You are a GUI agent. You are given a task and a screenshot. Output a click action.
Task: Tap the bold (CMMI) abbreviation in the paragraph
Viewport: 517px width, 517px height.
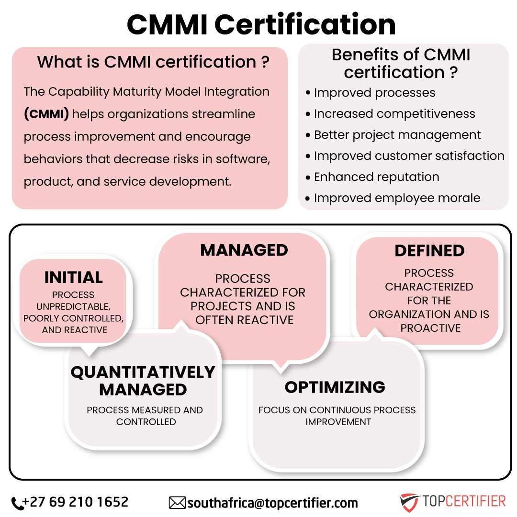pyautogui.click(x=46, y=114)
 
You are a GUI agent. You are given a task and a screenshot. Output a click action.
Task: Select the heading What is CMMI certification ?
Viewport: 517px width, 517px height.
pyautogui.click(x=153, y=62)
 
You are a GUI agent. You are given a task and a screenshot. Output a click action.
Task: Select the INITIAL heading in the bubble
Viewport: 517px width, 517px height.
pyautogui.click(x=74, y=277)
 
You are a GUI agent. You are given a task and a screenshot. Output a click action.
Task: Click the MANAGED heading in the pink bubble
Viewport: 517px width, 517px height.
pyautogui.click(x=244, y=250)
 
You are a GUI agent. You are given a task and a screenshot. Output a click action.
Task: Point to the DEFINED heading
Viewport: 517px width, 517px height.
pyautogui.click(x=429, y=250)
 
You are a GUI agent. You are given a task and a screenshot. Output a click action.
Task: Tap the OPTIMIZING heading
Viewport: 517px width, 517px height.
pyautogui.click(x=335, y=387)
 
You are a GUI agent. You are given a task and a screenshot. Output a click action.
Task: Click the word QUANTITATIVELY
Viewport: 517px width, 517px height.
pyautogui.click(x=143, y=372)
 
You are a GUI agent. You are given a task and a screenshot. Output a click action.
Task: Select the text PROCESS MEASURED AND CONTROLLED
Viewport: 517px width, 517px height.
pyautogui.click(x=145, y=416)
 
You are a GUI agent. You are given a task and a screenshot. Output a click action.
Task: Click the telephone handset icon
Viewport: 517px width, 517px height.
pyautogui.click(x=18, y=504)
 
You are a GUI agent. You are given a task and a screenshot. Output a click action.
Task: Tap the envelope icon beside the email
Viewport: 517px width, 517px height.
pyautogui.click(x=178, y=503)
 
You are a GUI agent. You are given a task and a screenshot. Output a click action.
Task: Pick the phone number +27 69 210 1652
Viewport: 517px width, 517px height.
pyautogui.click(x=76, y=502)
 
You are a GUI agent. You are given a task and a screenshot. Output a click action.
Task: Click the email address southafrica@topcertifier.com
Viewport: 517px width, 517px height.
pyautogui.click(x=273, y=503)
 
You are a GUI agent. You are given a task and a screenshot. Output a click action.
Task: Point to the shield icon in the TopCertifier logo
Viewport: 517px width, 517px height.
pyautogui.click(x=409, y=502)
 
